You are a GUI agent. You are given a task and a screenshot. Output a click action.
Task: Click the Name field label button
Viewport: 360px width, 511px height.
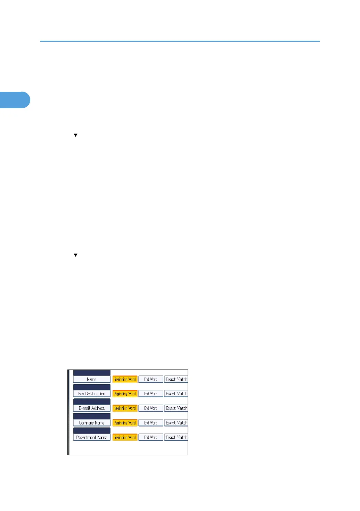coord(92,379)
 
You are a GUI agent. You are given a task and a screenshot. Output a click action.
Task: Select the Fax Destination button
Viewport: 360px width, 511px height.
coord(92,394)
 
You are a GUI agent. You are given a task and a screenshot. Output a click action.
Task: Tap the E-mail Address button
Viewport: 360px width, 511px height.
coord(92,408)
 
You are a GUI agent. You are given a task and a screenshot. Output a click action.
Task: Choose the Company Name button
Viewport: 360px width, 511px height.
coord(92,423)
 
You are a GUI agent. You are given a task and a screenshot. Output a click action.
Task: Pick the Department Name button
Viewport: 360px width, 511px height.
coord(92,437)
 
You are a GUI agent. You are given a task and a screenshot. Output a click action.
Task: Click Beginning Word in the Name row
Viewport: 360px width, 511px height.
coord(125,379)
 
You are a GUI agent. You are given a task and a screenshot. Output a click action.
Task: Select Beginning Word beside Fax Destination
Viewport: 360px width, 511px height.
coord(125,394)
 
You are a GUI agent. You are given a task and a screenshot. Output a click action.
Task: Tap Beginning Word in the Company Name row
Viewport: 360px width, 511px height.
coord(125,423)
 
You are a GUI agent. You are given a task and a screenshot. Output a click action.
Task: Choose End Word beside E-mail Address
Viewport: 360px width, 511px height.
coord(151,408)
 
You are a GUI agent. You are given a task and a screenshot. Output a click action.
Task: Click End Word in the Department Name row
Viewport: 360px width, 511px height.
coord(151,437)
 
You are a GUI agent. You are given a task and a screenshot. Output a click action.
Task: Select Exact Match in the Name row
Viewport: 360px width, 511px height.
coord(176,379)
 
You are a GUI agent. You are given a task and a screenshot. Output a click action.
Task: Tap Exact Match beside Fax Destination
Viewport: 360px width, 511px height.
coord(176,394)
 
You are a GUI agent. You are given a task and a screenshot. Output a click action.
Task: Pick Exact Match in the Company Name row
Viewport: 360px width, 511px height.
coord(176,423)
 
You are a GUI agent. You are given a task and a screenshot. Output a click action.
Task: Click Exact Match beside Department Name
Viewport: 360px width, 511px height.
coord(176,437)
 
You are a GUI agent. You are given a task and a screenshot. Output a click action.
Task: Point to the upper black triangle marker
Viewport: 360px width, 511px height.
coord(75,135)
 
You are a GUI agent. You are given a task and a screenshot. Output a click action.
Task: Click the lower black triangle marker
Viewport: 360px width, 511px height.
coord(75,255)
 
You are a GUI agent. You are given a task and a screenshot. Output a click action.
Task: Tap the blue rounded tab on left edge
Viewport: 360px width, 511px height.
coord(15,100)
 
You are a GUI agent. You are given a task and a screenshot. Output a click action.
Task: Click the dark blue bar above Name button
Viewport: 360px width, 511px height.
coord(92,373)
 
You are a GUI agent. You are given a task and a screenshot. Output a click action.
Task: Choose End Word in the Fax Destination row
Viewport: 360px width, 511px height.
coord(151,394)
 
